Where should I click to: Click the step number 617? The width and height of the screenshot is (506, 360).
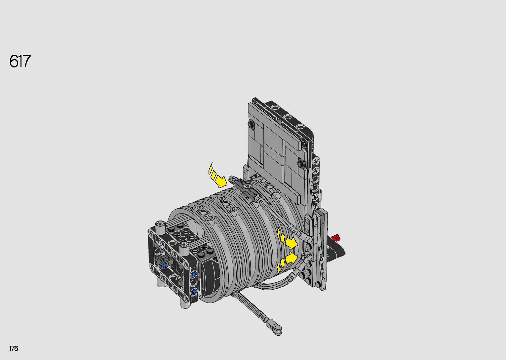click(20, 61)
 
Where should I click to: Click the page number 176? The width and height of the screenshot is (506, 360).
click(14, 348)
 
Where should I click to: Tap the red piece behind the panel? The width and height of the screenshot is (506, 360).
click(336, 237)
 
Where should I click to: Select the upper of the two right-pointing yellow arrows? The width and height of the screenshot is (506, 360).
click(287, 239)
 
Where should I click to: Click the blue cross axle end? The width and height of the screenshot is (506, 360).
click(164, 265)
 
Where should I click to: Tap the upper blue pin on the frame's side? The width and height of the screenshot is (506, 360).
click(194, 275)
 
